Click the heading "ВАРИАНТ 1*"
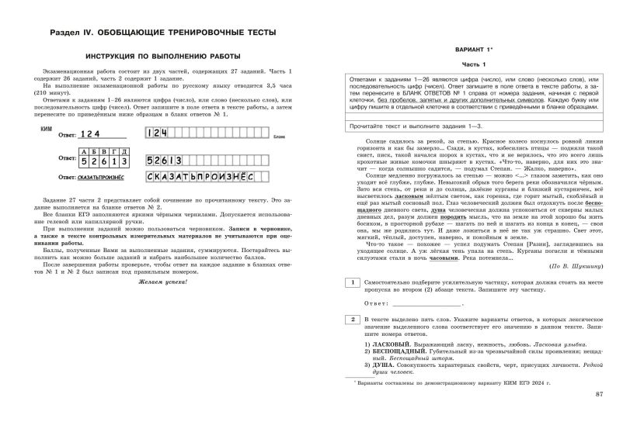coord(473,49)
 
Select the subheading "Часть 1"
coord(473,64)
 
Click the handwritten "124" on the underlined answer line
coord(92,112)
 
